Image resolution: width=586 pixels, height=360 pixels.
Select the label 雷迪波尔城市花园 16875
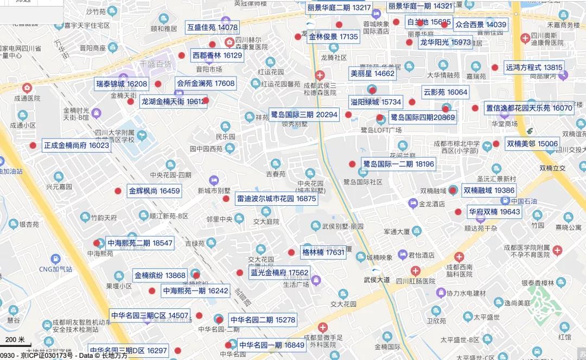[276, 199]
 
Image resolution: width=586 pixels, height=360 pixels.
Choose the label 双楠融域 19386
[488, 190]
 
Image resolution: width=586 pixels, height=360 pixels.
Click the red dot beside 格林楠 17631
[291, 252]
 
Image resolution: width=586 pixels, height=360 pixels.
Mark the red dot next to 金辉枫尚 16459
[118, 191]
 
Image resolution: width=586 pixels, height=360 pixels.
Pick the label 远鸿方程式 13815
[534, 68]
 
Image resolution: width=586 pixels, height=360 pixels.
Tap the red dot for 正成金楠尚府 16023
[33, 146]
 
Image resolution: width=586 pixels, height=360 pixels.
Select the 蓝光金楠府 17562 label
[279, 273]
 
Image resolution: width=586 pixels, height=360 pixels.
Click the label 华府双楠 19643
[494, 212]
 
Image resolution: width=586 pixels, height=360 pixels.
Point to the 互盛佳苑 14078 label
[212, 27]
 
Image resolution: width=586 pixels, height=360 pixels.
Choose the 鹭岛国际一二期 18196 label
[398, 164]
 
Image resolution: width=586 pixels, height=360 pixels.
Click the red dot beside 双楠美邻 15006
[496, 144]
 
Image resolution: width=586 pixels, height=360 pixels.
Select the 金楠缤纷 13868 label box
[160, 275]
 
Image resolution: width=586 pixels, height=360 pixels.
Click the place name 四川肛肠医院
[416, 281]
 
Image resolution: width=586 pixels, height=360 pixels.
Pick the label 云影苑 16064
[445, 92]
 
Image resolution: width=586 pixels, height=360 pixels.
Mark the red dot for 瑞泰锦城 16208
[158, 84]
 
